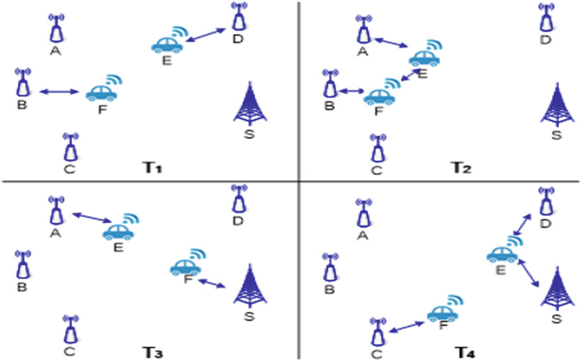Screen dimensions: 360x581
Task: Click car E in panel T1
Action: point(168,44)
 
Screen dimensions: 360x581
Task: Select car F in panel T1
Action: point(102,91)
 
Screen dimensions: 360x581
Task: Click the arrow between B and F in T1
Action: point(60,91)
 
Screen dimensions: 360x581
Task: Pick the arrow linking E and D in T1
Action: point(205,38)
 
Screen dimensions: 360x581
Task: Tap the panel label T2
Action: point(462,167)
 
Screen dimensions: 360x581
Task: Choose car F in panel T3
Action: point(186,266)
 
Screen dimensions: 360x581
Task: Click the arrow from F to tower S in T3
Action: point(213,283)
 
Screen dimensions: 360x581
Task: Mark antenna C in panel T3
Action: point(69,330)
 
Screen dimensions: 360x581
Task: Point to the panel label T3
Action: point(154,350)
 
